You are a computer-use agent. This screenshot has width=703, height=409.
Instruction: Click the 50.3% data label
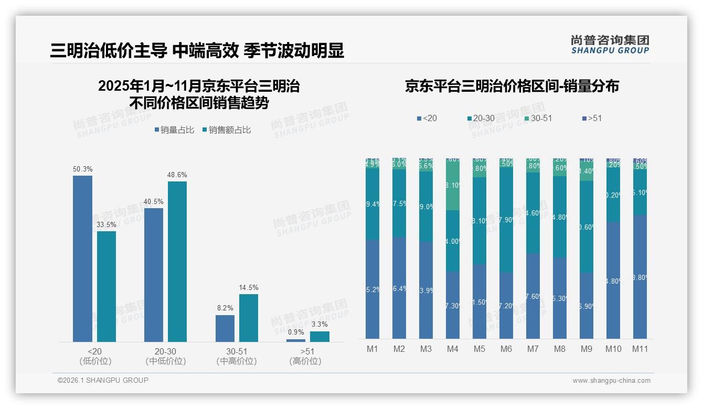pos(82,169)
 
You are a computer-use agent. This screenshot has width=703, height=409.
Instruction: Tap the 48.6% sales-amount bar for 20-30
pos(177,262)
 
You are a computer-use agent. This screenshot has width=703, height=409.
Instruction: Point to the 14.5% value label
pos(249,288)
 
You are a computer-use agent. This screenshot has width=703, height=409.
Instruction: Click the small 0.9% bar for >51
pos(296,340)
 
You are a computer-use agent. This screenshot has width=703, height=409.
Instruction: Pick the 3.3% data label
pos(319,325)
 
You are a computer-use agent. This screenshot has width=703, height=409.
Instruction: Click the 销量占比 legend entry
pos(176,130)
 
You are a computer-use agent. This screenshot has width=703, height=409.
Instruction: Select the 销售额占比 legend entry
pos(226,130)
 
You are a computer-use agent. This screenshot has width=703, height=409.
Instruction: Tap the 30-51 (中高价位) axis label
pos(236,356)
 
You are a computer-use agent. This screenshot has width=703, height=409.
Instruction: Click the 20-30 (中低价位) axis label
pos(165,356)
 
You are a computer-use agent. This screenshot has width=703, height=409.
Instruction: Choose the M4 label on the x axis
pos(453,349)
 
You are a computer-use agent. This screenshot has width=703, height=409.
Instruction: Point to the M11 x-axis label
pos(640,349)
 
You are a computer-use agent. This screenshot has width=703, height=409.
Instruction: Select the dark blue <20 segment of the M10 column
pos(613,281)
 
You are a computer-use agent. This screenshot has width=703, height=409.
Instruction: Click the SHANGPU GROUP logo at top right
pos(610,45)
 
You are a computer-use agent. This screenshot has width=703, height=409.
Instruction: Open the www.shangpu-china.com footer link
pos(611,381)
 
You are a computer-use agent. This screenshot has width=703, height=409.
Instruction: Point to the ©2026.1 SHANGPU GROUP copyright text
pos(103,380)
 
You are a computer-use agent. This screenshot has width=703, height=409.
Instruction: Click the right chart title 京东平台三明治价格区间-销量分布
pos(512,87)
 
